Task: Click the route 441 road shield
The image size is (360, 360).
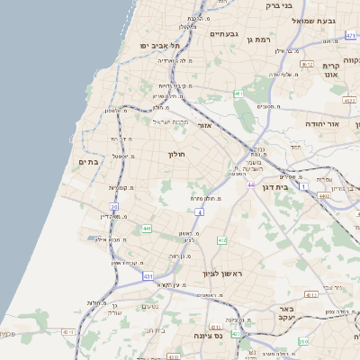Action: (146, 229)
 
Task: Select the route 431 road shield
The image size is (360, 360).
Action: (147, 276)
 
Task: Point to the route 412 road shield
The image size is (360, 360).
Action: (221, 239)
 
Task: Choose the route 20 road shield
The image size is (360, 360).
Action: (114, 207)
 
